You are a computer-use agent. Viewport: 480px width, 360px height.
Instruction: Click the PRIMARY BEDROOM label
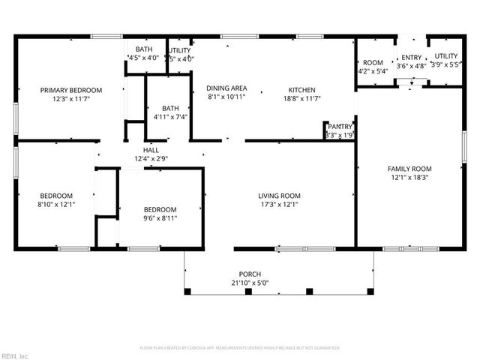[x=71, y=90]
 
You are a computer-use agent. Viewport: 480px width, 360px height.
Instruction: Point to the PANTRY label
[x=340, y=127]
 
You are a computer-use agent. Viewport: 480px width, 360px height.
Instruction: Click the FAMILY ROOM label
[x=409, y=168]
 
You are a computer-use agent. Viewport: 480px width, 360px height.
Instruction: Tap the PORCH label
[x=250, y=274]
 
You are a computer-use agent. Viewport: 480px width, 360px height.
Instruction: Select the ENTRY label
[x=412, y=57]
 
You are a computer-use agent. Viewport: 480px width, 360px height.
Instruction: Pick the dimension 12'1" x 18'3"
[x=409, y=177]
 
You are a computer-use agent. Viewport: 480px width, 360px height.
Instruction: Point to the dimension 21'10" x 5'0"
[x=250, y=283]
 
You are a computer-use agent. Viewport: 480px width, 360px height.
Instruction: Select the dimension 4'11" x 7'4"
[x=169, y=116]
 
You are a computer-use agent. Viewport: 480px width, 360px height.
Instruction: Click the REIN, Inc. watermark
[x=14, y=355]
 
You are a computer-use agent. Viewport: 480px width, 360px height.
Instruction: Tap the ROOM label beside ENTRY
[x=373, y=63]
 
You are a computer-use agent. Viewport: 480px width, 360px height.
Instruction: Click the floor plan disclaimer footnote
[x=240, y=348]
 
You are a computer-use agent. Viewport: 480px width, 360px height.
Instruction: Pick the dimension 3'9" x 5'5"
[x=445, y=65]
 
